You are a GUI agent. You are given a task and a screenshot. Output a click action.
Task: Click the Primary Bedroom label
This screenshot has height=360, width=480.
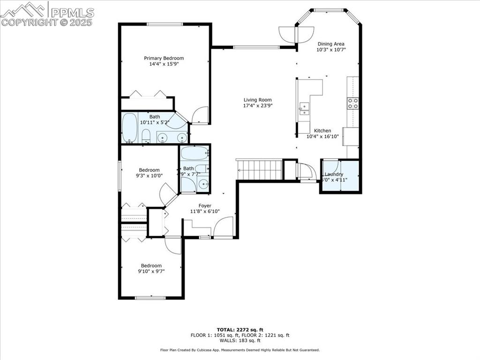click(164, 58)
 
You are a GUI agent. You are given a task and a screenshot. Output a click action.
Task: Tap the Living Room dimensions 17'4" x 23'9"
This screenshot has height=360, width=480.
click(257, 106)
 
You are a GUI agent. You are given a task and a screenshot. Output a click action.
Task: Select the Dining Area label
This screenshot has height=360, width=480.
click(331, 44)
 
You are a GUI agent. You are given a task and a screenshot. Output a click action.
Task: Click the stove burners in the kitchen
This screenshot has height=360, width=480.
click(352, 103)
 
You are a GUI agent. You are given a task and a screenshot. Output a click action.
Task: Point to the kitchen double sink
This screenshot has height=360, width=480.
click(304, 109)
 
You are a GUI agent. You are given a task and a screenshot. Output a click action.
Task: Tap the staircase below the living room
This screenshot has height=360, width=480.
click(259, 169)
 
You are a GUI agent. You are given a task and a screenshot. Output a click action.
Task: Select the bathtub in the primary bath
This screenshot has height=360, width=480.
click(129, 127)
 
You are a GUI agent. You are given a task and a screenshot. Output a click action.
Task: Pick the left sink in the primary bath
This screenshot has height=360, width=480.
click(162, 137)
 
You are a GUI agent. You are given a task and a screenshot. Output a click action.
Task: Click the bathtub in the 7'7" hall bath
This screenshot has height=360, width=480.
click(195, 153)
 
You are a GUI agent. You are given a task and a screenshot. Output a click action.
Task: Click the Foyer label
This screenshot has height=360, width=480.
click(205, 206)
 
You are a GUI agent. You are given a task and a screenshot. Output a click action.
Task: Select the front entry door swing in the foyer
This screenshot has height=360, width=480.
click(224, 228)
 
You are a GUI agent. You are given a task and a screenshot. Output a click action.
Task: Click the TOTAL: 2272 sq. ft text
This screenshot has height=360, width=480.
click(240, 329)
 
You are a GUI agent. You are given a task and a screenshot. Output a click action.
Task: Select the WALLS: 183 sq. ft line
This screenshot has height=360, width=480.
click(240, 340)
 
